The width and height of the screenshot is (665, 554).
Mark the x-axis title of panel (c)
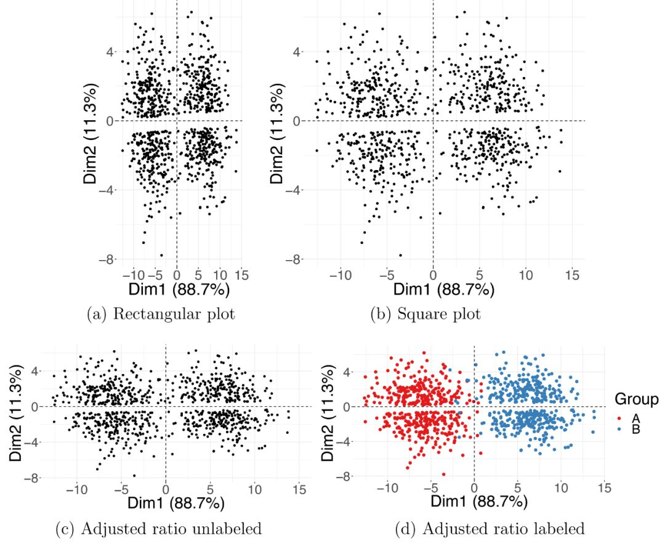175,503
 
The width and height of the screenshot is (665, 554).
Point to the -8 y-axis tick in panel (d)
342,477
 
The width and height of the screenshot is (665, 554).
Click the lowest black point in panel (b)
401,255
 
